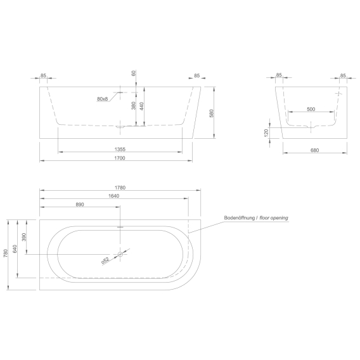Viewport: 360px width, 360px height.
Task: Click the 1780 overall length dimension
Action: (120, 188)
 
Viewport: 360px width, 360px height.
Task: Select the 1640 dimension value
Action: (114, 196)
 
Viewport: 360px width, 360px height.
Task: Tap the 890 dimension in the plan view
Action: (80, 204)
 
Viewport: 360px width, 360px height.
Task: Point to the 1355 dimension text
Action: (120, 150)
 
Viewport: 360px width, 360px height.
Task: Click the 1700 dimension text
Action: (120, 158)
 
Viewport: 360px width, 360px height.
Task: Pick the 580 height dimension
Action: (212, 113)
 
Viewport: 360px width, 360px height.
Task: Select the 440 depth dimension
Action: (141, 106)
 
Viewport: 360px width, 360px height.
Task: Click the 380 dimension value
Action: (134, 106)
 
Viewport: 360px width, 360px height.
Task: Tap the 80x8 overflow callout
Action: (103, 99)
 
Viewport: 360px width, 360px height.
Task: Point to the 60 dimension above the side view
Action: (134, 73)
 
